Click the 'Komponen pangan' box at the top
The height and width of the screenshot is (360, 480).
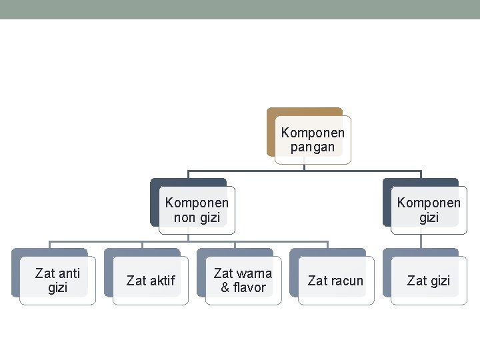(313, 139)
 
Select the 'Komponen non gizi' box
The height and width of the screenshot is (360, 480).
(197, 210)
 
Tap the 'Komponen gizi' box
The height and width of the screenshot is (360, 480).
(429, 210)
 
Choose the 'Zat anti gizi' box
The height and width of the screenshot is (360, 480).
(57, 281)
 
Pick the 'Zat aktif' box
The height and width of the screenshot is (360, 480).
(151, 281)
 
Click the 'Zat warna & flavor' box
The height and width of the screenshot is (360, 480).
(243, 281)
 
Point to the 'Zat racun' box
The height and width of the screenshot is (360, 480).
(335, 281)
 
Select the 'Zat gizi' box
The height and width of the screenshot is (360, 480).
(429, 281)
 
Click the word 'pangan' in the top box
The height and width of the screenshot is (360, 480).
(313, 147)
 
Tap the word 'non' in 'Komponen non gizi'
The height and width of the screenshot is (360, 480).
(185, 217)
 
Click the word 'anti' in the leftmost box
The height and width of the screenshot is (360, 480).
(69, 273)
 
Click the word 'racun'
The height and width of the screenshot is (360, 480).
(347, 281)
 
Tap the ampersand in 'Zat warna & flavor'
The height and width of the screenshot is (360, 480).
(225, 288)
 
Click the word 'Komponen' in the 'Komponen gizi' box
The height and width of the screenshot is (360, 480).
(429, 203)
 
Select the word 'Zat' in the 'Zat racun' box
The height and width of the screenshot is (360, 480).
(317, 281)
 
